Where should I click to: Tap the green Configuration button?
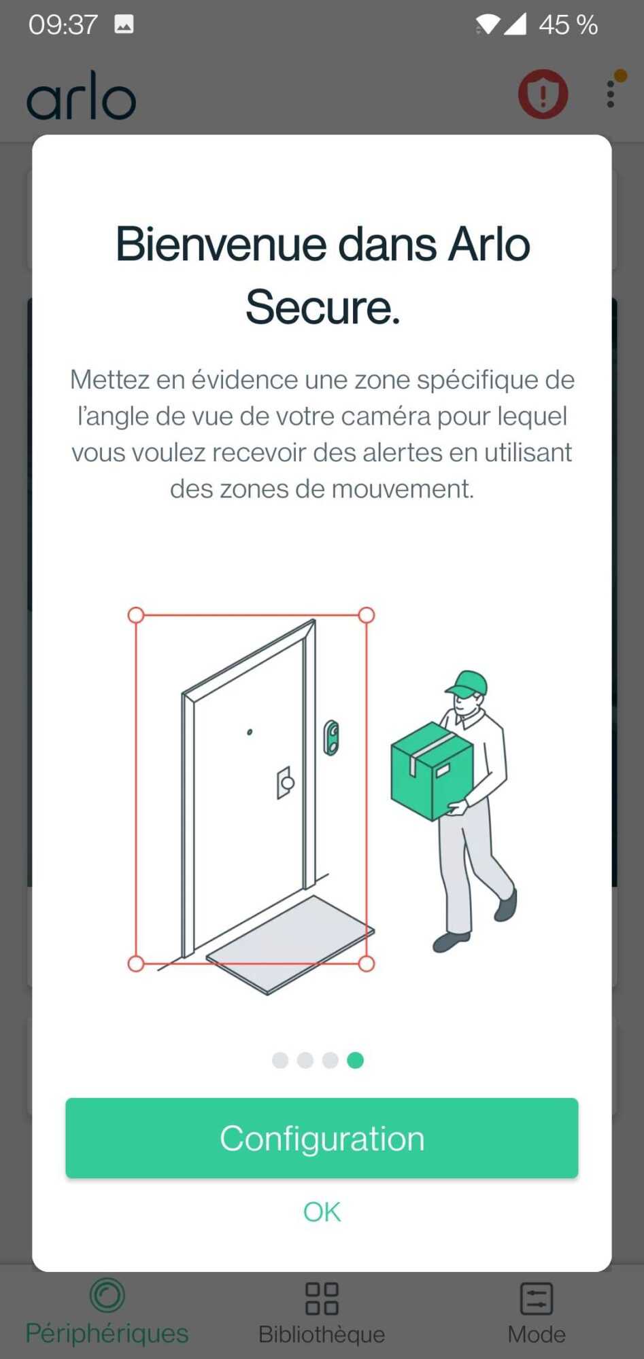(322, 1138)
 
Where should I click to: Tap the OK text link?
(322, 1212)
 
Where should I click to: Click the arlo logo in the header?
(82, 96)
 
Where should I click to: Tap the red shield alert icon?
(543, 94)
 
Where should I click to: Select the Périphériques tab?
(107, 1312)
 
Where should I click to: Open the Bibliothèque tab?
(322, 1313)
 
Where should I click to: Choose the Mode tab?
(537, 1313)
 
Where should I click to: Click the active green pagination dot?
(355, 1060)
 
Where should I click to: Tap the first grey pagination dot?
(280, 1060)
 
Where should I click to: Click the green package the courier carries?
(431, 770)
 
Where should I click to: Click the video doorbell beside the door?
(331, 737)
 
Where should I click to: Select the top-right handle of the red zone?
(366, 615)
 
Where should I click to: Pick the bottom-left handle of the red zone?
(136, 964)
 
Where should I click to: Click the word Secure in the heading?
(322, 307)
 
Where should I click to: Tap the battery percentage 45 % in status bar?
(568, 25)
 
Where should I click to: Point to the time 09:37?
(63, 25)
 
